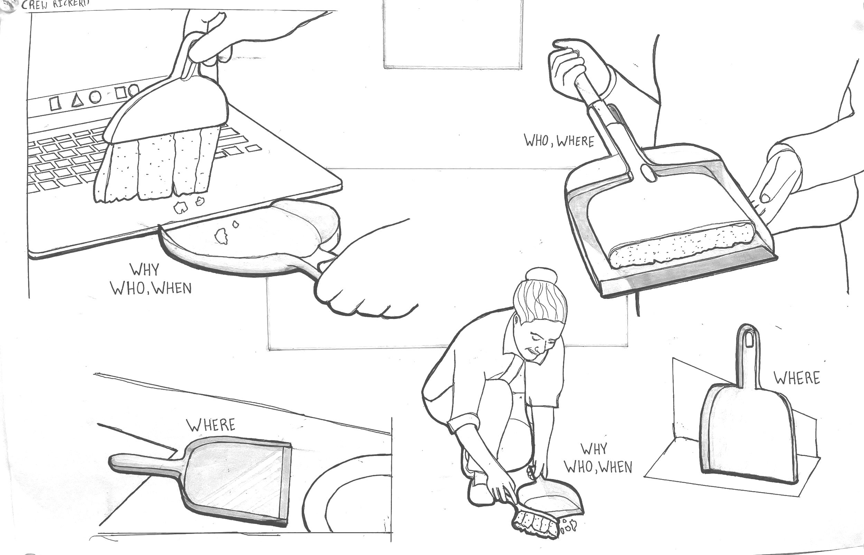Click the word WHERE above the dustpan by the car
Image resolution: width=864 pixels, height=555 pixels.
pos(211,425)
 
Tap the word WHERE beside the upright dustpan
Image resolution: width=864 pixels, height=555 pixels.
pos(797,378)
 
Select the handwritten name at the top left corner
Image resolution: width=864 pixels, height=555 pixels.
pos(55,5)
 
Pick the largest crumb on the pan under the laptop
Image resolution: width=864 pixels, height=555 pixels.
pos(221,236)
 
